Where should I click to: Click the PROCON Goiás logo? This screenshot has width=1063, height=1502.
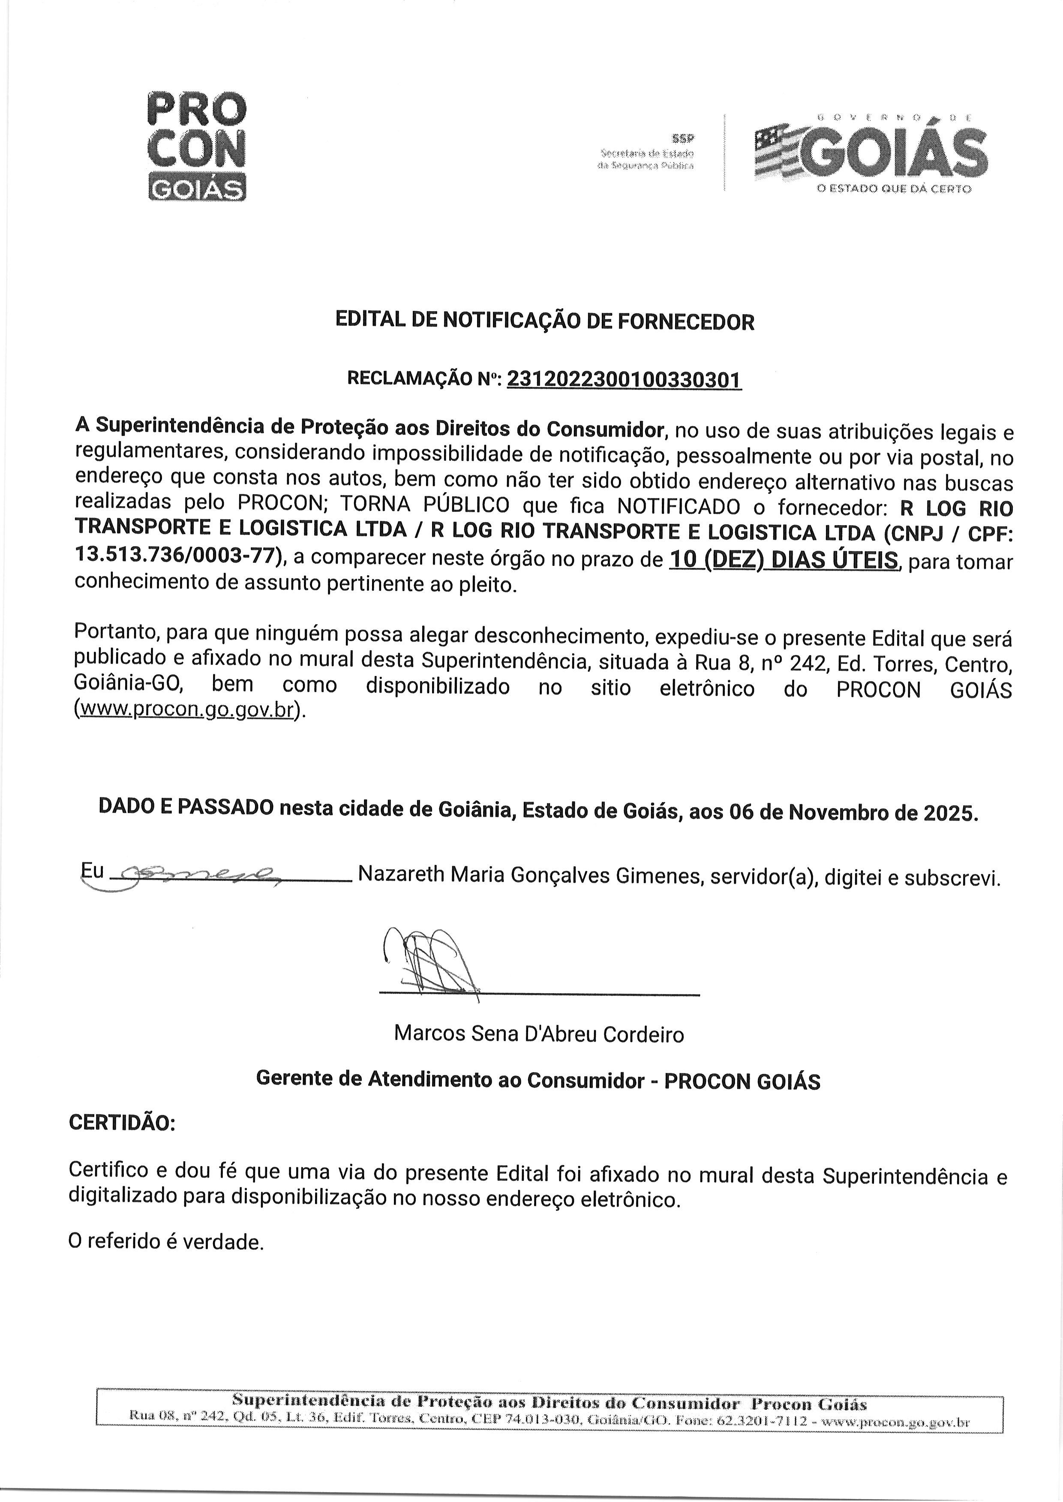click(x=197, y=146)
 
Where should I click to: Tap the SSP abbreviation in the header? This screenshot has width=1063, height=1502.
click(x=684, y=138)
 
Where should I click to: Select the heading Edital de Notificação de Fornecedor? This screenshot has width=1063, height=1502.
click(x=545, y=321)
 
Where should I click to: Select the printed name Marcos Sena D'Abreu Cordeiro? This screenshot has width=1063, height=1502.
click(x=539, y=1034)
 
